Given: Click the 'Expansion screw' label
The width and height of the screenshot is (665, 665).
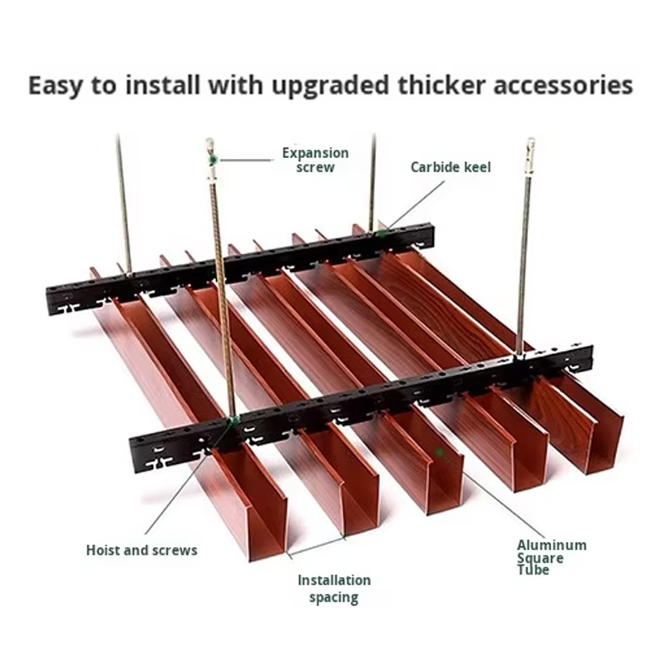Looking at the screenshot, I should click(314, 160).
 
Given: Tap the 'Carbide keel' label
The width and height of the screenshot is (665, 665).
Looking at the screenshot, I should click(451, 167).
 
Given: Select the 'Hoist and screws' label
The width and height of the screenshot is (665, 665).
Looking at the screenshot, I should click(141, 550).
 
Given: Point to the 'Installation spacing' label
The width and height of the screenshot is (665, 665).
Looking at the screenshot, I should click(334, 589).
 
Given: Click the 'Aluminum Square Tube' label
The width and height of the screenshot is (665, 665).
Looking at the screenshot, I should click(551, 557).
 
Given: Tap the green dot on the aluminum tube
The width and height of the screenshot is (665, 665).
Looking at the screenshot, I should click(440, 452).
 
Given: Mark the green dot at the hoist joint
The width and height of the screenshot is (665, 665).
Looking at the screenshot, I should click(235, 420).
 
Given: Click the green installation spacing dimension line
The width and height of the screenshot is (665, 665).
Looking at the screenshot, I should click(317, 545).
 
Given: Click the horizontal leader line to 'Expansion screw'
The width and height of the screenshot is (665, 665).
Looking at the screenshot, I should click(245, 159).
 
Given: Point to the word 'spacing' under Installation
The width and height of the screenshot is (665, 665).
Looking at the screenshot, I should click(334, 597).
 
